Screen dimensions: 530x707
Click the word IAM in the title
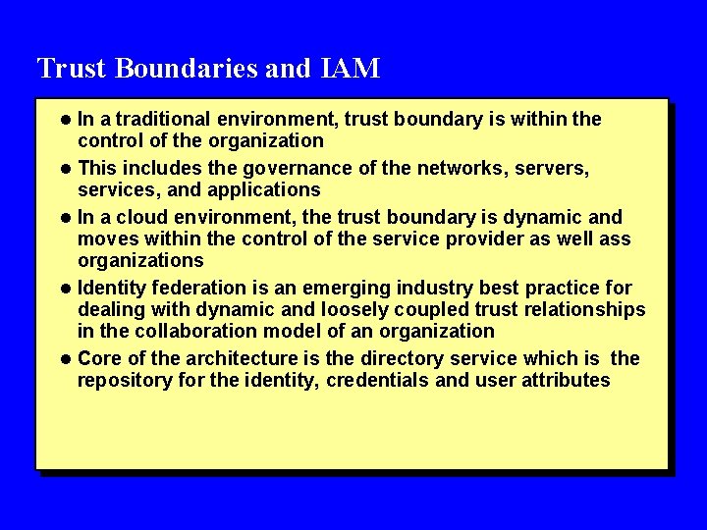[351, 69]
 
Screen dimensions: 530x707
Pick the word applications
[264, 189]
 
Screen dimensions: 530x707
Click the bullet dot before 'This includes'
[67, 169]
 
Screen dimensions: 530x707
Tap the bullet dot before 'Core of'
[67, 359]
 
